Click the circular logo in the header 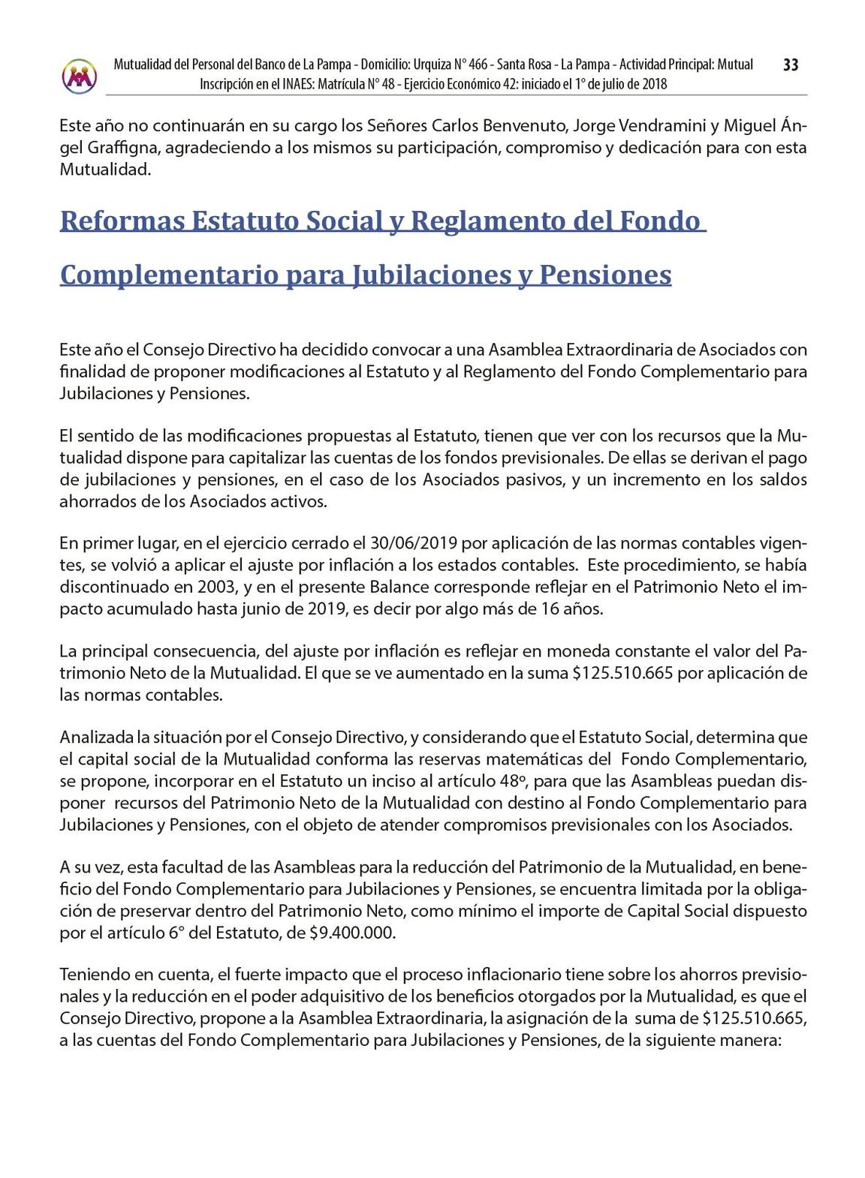pos(80,75)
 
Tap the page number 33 pos(791,65)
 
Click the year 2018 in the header pos(652,84)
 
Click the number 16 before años pos(550,609)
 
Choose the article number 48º pos(514,780)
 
